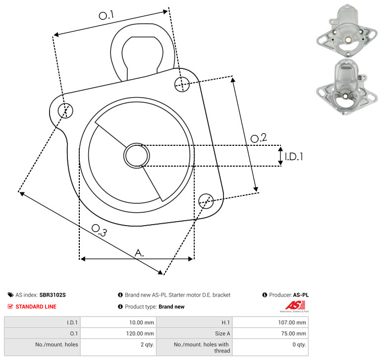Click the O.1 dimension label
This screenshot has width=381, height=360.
click(106, 15)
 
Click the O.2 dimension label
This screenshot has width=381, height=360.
click(259, 138)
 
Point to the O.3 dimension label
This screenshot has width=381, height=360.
click(99, 230)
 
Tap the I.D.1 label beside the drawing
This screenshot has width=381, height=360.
click(294, 157)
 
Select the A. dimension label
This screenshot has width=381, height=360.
click(139, 253)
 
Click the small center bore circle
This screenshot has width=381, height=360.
click(137, 156)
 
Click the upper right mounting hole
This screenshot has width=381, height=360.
click(182, 84)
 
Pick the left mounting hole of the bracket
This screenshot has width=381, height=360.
click(65, 111)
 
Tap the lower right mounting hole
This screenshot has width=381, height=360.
click(206, 201)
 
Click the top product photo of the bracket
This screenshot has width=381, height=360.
click(347, 30)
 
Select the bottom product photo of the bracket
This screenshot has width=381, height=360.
click(347, 87)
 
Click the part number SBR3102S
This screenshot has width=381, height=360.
click(53, 295)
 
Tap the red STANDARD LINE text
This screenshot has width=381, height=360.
click(36, 306)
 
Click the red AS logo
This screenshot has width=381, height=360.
click(295, 305)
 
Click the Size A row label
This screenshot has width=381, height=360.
click(222, 334)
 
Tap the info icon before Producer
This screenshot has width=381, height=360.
click(265, 295)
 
